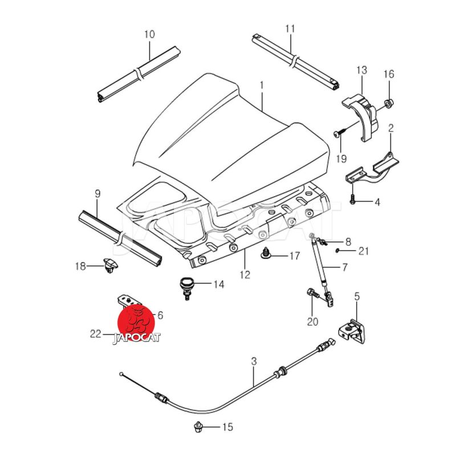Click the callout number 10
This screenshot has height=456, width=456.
click(x=149, y=35)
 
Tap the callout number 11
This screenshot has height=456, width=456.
click(x=290, y=28)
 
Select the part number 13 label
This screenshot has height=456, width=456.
click(x=362, y=70)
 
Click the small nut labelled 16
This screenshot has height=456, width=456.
click(x=388, y=104)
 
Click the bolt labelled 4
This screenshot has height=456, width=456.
click(x=353, y=201)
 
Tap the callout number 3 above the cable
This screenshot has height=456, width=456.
click(x=254, y=361)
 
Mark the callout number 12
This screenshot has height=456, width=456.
click(x=245, y=275)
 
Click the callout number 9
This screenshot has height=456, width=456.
click(x=97, y=194)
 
